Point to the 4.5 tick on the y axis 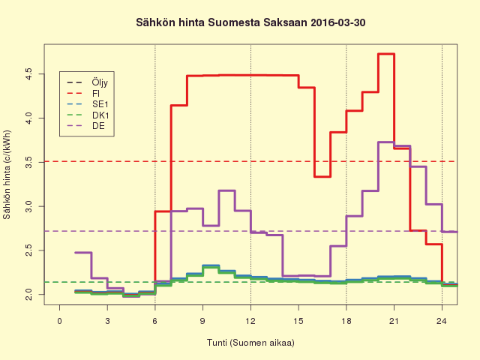click(x=28, y=74)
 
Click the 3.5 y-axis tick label click(x=28, y=162)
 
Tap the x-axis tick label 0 click(x=59, y=321)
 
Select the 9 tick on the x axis click(x=202, y=321)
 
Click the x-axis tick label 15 click(x=298, y=321)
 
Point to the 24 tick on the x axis click(x=442, y=321)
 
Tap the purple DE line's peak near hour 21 click(x=386, y=142)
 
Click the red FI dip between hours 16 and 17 click(x=322, y=176)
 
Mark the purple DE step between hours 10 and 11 click(x=226, y=190)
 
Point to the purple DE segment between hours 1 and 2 click(x=83, y=253)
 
